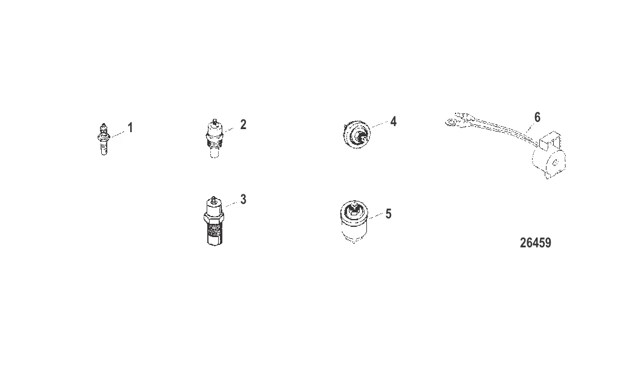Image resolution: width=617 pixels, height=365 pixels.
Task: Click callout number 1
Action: pos(130,128)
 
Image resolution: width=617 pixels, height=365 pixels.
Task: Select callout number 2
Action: pos(243,124)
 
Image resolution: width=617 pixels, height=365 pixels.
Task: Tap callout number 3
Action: pos(243,200)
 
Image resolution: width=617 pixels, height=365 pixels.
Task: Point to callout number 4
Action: pos(393,121)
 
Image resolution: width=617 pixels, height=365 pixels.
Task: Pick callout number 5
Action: pos(389,214)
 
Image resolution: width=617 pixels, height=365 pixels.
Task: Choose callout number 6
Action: pos(537,117)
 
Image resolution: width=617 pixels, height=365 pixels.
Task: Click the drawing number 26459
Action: pos(536,243)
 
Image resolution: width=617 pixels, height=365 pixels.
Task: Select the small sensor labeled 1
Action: pos(103,139)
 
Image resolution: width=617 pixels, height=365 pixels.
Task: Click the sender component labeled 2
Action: pos(215,138)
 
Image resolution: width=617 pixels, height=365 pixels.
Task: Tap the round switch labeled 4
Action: pos(356,135)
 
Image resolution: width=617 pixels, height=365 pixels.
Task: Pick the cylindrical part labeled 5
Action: pos(354,222)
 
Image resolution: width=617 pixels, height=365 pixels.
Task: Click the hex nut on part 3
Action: pos(214,217)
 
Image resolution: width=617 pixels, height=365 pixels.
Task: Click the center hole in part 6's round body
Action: pos(555,162)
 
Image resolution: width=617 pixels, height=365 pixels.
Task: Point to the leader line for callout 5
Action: pos(376,216)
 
